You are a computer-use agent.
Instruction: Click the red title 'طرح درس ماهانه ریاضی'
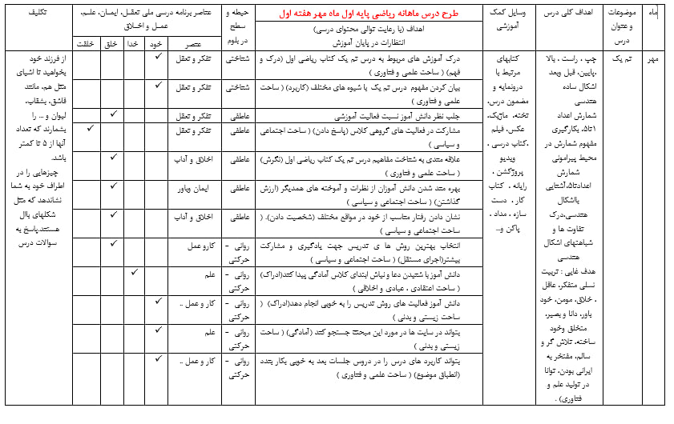pyautogui.click(x=370, y=14)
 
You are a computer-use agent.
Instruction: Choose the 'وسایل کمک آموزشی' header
pyautogui.click(x=511, y=20)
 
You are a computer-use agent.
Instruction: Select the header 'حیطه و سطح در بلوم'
pyautogui.click(x=238, y=26)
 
